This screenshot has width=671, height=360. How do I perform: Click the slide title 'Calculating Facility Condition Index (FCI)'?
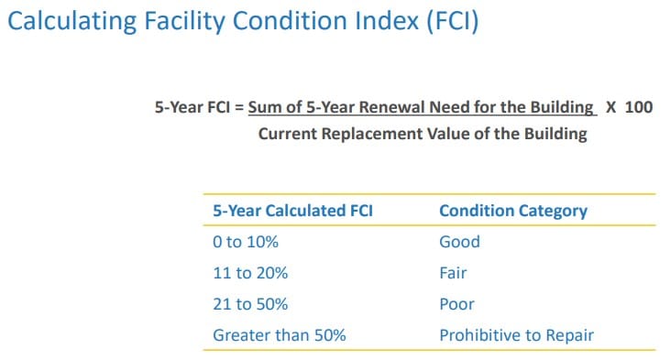242,21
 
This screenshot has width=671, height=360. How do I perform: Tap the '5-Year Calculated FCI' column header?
292,211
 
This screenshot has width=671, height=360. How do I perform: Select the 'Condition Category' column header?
513,211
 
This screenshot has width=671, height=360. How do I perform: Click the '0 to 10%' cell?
245,242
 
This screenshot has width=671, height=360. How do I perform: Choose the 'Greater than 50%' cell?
279,335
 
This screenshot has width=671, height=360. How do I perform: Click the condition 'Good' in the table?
459,242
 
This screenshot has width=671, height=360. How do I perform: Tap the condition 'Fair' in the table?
453,273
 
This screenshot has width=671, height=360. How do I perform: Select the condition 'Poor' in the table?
456,304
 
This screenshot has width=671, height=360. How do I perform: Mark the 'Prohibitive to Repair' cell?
516,335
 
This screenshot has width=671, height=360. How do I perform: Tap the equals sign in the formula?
239,107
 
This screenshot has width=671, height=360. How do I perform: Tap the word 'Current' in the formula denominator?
287,135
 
